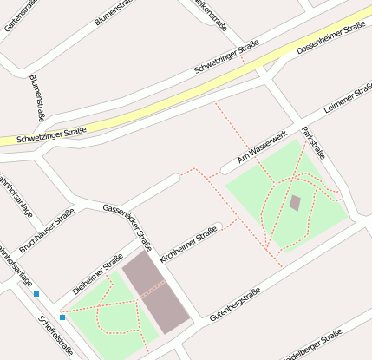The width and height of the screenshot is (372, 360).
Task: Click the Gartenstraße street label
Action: pos(20,16)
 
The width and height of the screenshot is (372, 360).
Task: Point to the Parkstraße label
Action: pos(313,143)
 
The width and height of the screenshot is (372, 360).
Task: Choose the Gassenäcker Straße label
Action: pos(128,226)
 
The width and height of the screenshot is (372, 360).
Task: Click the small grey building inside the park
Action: pos(295,203)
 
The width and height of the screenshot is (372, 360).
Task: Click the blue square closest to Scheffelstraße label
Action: pos(62,317)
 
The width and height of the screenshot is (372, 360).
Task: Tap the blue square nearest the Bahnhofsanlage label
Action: pos(36,294)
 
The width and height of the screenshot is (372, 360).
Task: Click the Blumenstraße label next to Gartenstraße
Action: pos(115,12)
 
